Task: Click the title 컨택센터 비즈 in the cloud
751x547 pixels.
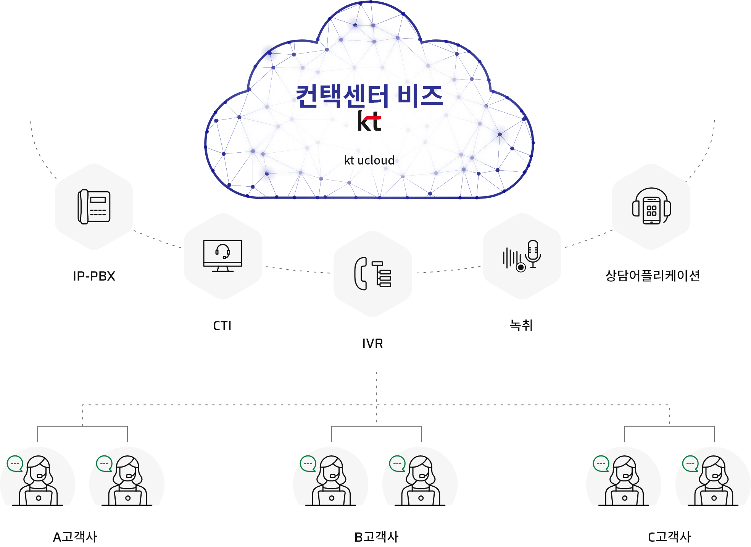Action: [x=369, y=96]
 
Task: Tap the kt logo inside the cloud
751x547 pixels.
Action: [x=369, y=121]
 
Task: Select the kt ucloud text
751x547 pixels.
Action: [x=369, y=160]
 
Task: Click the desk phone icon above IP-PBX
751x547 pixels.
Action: [x=94, y=207]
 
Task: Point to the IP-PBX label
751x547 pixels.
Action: [x=94, y=276]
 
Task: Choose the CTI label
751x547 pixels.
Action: [x=222, y=326]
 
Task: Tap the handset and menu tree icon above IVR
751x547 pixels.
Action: [x=373, y=274]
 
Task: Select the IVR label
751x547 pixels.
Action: [x=372, y=343]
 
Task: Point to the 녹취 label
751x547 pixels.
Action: [x=521, y=326]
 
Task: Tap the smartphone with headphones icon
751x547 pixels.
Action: [x=651, y=207]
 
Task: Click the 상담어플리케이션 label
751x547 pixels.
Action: [x=653, y=276]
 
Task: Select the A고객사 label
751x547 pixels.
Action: [x=75, y=537]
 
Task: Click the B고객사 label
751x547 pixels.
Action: [x=376, y=537]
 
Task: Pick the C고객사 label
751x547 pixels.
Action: [x=669, y=537]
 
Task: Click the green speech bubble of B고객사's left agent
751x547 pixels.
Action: [x=308, y=464]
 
